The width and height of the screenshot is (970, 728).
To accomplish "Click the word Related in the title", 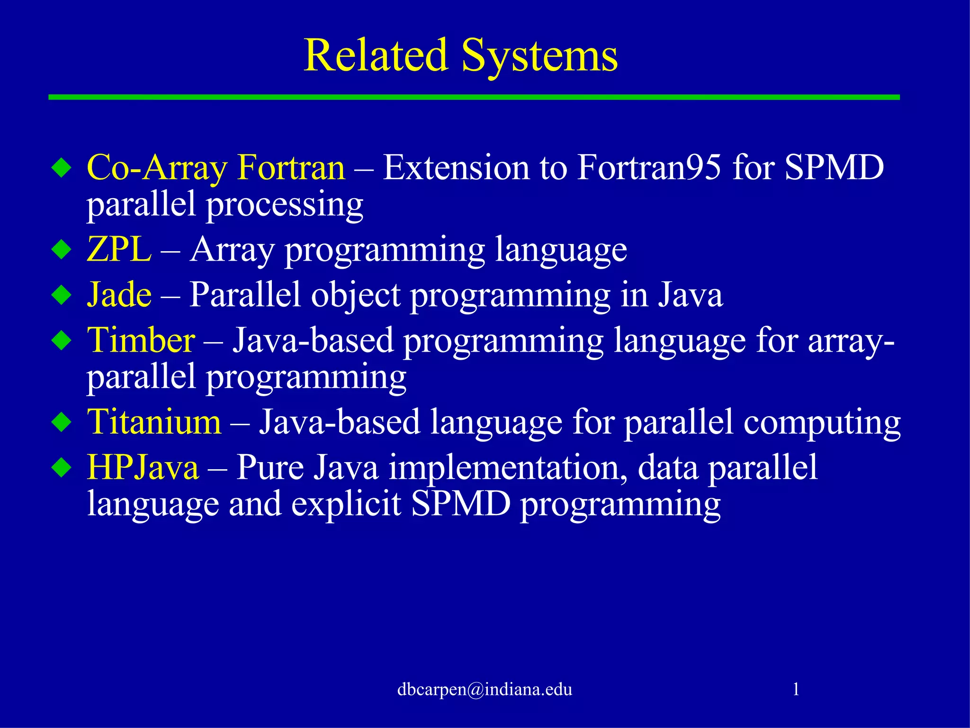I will [x=376, y=55].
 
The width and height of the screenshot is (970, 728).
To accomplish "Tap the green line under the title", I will [x=474, y=97].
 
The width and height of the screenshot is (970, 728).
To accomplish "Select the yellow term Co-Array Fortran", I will [x=216, y=168].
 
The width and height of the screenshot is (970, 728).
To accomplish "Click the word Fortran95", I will [x=649, y=168].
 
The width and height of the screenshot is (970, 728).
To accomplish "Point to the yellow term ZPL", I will [x=119, y=249].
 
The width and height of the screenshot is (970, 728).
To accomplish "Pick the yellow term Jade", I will [x=119, y=295].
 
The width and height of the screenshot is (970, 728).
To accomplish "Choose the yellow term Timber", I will [x=141, y=340].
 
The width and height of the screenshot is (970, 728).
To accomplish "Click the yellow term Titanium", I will [x=154, y=422].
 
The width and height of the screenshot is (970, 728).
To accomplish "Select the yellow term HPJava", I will [x=143, y=467].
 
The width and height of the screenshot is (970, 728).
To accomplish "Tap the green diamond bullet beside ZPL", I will [x=62, y=249].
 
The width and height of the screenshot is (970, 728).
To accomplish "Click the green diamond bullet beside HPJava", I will [x=62, y=467].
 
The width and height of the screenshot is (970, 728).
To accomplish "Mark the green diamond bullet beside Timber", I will [x=62, y=340].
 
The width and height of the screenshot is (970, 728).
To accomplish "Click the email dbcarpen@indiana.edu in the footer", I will [x=485, y=689].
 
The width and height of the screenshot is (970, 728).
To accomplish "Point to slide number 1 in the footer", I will [x=796, y=689].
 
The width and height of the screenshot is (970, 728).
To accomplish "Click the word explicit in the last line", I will [x=346, y=504].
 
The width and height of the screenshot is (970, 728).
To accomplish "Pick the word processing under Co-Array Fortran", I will [x=284, y=205].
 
